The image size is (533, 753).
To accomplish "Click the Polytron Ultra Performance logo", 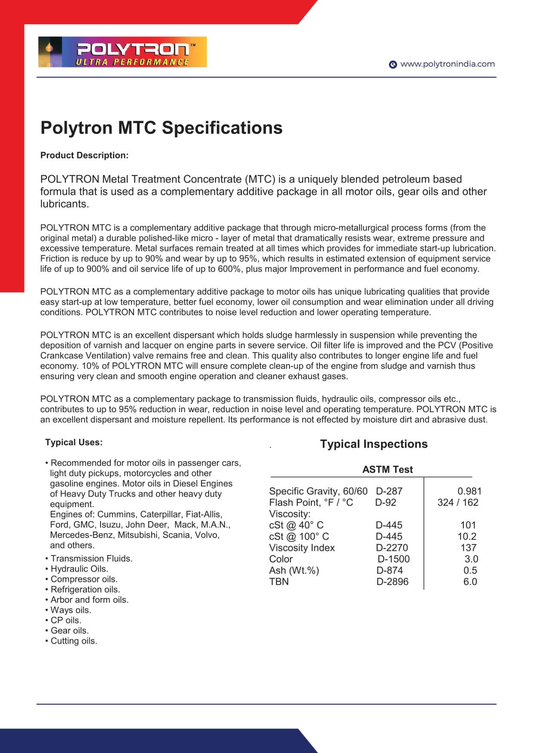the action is pyautogui.click(x=122, y=52).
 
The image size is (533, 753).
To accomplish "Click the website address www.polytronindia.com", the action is pyautogui.click(x=447, y=64).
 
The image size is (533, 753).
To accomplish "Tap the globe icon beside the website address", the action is pyautogui.click(x=393, y=64).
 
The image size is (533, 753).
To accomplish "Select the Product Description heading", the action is pyautogui.click(x=84, y=155).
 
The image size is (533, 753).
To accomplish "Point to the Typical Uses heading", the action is pyautogui.click(x=74, y=442).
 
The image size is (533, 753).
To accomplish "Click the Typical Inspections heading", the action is pyautogui.click(x=374, y=444).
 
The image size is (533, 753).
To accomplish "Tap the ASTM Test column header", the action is pyautogui.click(x=387, y=469).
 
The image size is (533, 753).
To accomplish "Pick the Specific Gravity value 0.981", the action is pyautogui.click(x=469, y=491).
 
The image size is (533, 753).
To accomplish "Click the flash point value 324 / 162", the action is pyautogui.click(x=458, y=502).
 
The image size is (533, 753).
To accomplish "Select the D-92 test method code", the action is pyautogui.click(x=386, y=502).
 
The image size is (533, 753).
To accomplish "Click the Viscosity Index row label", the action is pyautogui.click(x=302, y=548).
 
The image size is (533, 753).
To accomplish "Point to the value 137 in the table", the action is pyautogui.click(x=468, y=548).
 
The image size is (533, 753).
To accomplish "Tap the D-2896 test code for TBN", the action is pyautogui.click(x=392, y=582).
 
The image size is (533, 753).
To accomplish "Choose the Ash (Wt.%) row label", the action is pyautogui.click(x=294, y=571).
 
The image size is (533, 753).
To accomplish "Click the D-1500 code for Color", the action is pyautogui.click(x=393, y=559).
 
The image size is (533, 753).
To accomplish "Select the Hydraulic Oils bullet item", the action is pyautogui.click(x=79, y=569).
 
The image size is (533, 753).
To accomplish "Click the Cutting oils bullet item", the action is pyautogui.click(x=73, y=641).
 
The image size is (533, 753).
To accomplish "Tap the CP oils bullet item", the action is pyautogui.click(x=65, y=620).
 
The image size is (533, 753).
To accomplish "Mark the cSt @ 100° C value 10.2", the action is pyautogui.click(x=467, y=536).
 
